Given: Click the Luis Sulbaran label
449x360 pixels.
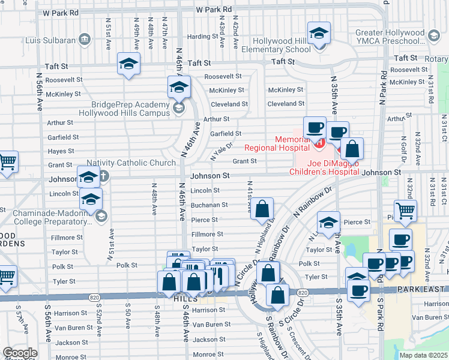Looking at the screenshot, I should point(51,41).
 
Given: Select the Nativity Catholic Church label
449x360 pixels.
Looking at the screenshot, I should point(130,163).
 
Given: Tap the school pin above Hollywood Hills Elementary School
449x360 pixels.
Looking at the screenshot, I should point(319,34).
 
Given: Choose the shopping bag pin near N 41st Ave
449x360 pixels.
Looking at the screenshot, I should point(262,210).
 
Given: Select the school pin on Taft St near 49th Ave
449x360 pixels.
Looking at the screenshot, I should point(128,64).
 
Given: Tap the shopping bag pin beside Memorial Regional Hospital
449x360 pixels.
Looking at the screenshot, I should point(353,149).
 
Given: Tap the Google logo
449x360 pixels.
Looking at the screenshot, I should point(20,353).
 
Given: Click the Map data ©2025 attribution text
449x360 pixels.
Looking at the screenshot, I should point(423,355).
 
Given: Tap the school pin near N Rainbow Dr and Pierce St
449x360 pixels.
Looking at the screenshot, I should point(328,224).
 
